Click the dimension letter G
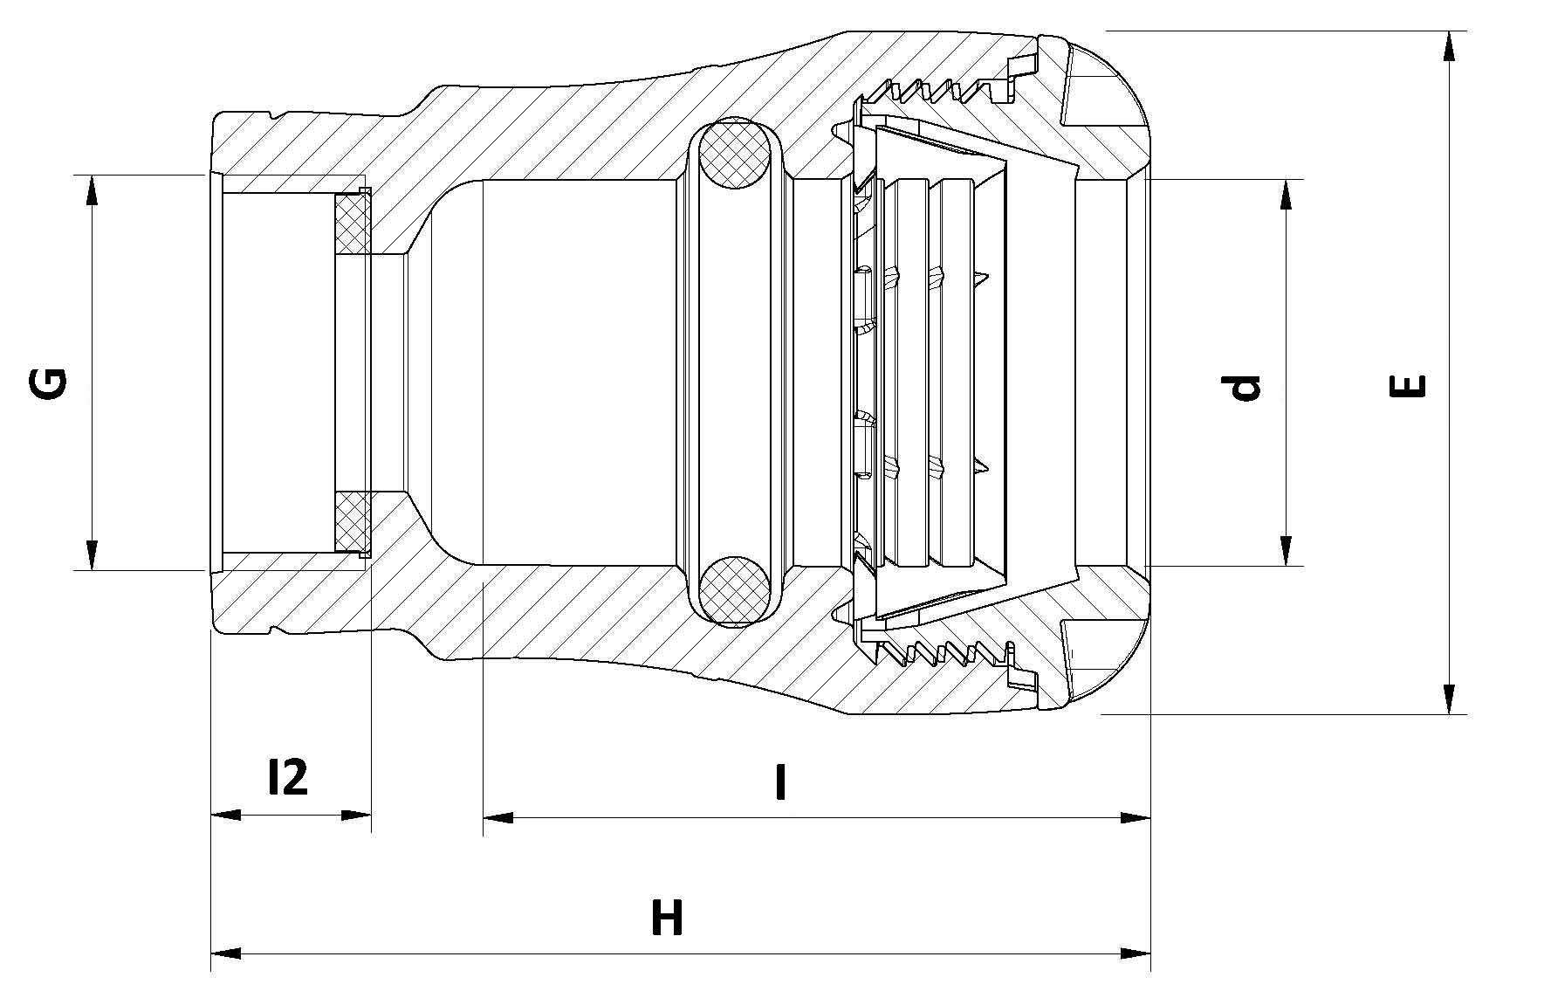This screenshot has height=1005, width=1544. pyautogui.click(x=48, y=385)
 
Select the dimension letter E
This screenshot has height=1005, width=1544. pyautogui.click(x=1407, y=386)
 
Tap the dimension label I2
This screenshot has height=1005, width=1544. pyautogui.click(x=287, y=776)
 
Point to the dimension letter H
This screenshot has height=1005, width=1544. pyautogui.click(x=667, y=919)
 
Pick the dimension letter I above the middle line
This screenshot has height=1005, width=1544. pyautogui.click(x=781, y=782)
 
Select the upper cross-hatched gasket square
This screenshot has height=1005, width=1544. pyautogui.click(x=352, y=222)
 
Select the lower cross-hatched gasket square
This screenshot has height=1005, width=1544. pyautogui.click(x=352, y=522)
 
